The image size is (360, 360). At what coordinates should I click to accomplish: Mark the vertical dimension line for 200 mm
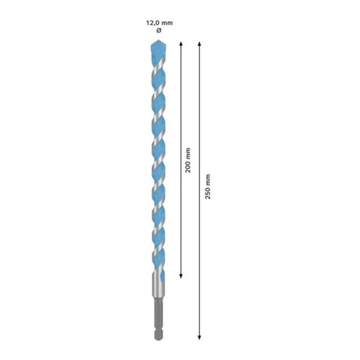[x=180, y=220]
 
